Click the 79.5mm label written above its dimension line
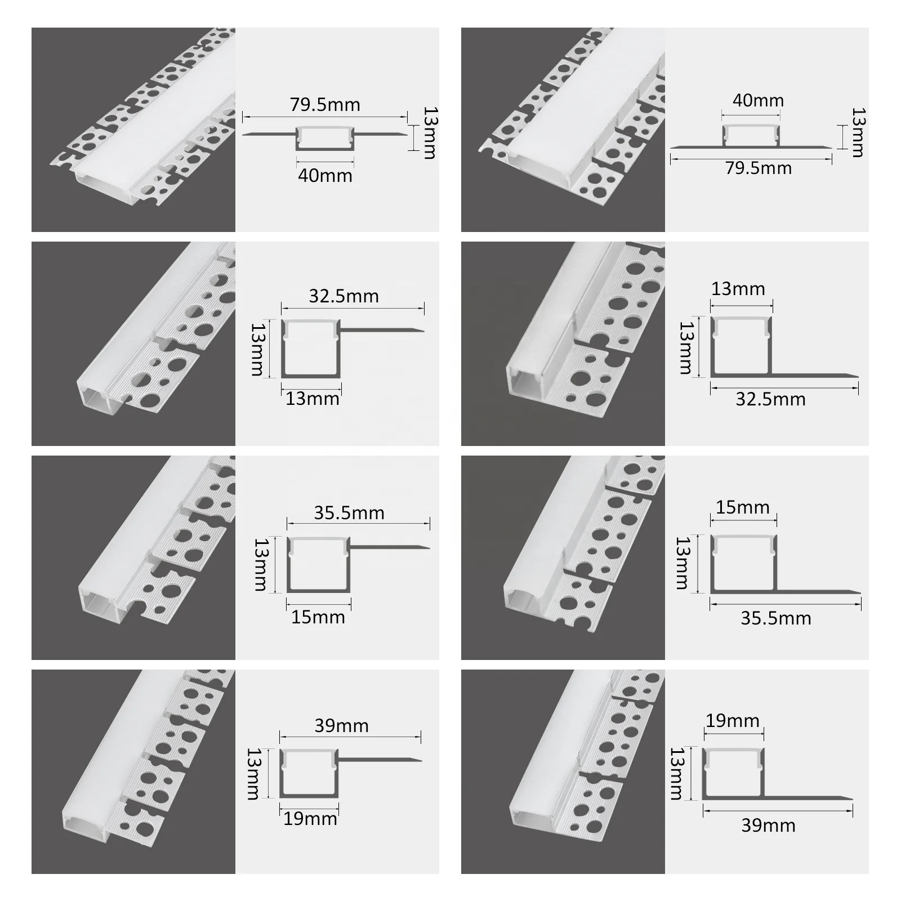(x=325, y=105)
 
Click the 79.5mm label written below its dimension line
(x=758, y=168)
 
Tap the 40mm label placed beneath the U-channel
(x=325, y=176)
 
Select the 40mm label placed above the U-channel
(x=758, y=101)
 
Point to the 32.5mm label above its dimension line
(x=344, y=296)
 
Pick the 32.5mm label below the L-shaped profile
(x=770, y=399)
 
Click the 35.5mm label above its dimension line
(x=349, y=513)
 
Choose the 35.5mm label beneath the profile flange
(x=775, y=618)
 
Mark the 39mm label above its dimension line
(x=341, y=725)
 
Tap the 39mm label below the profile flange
(x=768, y=826)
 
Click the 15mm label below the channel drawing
(x=318, y=617)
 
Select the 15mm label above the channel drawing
(x=742, y=507)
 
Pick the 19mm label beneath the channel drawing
(x=310, y=818)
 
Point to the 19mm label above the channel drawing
(x=732, y=721)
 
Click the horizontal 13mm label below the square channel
(x=312, y=399)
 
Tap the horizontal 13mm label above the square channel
(x=738, y=289)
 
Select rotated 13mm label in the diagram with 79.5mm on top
(x=430, y=133)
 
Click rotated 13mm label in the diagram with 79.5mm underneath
(x=858, y=133)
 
